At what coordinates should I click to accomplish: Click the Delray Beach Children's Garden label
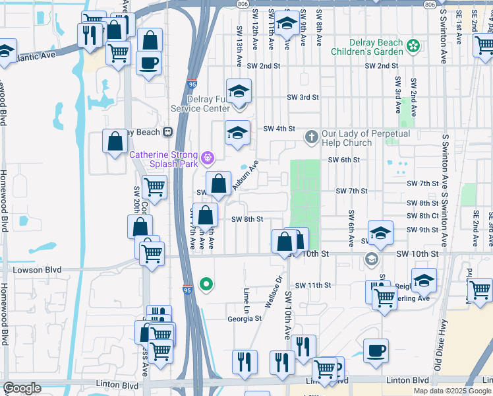pyautogui.click(x=366, y=47)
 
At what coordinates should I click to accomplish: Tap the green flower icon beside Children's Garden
pyautogui.click(x=413, y=46)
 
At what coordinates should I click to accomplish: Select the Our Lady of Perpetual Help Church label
pyautogui.click(x=366, y=138)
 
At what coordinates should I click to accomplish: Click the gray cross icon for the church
pyautogui.click(x=311, y=138)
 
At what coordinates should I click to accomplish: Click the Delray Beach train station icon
pyautogui.click(x=168, y=131)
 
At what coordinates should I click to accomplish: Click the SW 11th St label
pyautogui.click(x=312, y=285)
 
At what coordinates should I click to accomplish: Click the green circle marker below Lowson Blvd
pyautogui.click(x=206, y=284)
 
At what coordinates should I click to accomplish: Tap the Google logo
pyautogui.click(x=22, y=388)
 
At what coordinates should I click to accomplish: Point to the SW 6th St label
pyautogui.click(x=345, y=160)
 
